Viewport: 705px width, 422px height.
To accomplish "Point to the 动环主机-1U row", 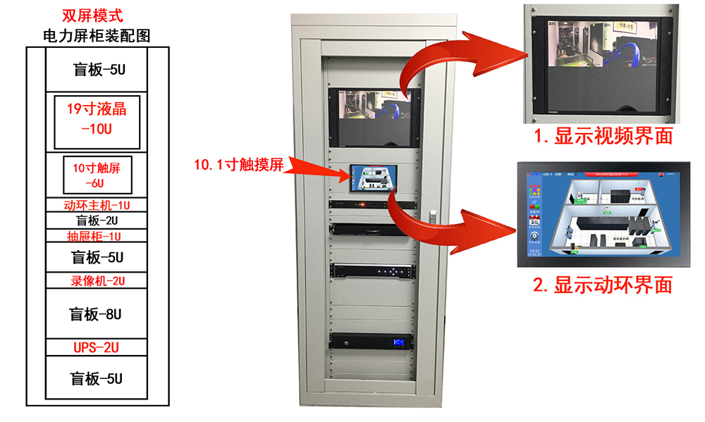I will [x=97, y=205].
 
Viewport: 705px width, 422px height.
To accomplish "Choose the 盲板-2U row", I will [x=97, y=220].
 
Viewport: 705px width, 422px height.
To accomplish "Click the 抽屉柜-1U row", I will [x=97, y=235].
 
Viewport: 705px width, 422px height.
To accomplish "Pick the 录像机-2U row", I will [x=97, y=280].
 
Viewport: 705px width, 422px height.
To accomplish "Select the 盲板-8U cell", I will [x=97, y=314].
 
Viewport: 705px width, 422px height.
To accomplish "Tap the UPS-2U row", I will [x=97, y=347].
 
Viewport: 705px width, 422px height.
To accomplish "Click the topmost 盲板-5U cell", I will [x=97, y=70].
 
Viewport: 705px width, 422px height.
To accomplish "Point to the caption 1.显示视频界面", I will [x=603, y=135].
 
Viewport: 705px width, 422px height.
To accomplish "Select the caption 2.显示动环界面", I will [x=603, y=285].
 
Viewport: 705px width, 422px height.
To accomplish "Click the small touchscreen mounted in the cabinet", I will [x=374, y=179].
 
